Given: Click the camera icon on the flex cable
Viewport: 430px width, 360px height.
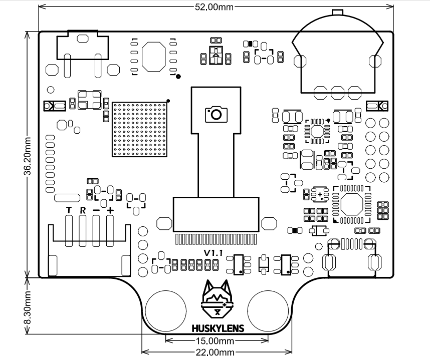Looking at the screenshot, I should point(216,114).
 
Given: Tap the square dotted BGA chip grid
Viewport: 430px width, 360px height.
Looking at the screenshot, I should point(140,129).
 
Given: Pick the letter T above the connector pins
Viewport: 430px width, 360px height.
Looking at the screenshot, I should point(69,209).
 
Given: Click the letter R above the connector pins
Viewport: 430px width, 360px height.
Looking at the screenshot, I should point(83,209).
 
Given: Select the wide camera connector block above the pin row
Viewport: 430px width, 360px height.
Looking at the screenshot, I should point(217,214).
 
